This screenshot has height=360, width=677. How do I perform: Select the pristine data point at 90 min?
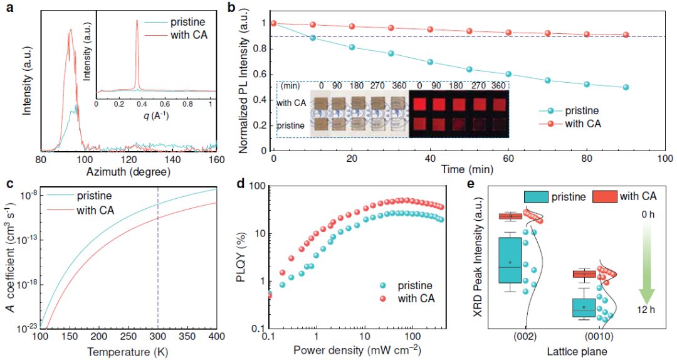(x=626, y=87)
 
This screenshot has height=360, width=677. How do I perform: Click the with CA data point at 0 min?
(x=273, y=23)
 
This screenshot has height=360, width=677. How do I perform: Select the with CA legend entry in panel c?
(x=95, y=209)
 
